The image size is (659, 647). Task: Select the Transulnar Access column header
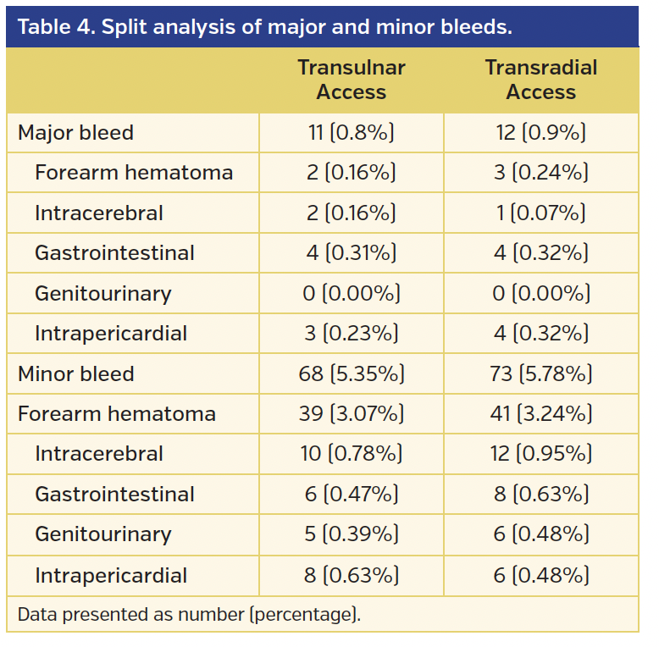click(x=351, y=80)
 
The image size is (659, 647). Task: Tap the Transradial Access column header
click(x=540, y=80)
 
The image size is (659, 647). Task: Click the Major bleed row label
click(x=75, y=133)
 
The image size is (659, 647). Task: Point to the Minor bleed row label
click(x=75, y=373)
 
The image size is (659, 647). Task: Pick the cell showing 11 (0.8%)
click(x=351, y=133)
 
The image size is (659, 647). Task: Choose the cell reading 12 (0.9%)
click(x=540, y=133)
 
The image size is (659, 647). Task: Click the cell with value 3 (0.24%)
click(x=540, y=173)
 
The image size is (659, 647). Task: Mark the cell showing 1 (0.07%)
click(x=540, y=213)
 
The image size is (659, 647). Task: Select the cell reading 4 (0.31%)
click(x=351, y=253)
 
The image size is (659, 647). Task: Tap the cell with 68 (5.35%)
click(x=351, y=373)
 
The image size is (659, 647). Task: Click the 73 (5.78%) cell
click(x=540, y=373)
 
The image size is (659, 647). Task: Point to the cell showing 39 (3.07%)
click(x=351, y=414)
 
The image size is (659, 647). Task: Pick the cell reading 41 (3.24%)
click(x=540, y=414)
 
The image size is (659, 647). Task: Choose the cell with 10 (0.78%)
click(x=351, y=454)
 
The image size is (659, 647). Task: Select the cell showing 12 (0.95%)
click(x=540, y=454)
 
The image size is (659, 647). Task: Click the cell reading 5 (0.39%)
click(x=351, y=534)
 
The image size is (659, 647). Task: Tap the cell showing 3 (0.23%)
click(x=351, y=334)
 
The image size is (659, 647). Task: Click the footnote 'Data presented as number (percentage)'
click(x=189, y=615)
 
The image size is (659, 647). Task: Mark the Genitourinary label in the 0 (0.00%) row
click(x=102, y=294)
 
